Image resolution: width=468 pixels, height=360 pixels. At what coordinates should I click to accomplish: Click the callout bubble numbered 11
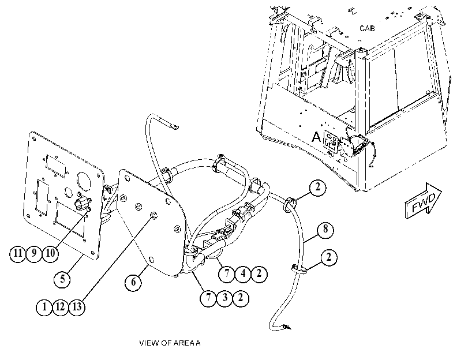pyautogui.click(x=18, y=254)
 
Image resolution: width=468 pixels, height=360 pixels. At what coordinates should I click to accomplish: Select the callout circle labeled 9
pyautogui.click(x=34, y=254)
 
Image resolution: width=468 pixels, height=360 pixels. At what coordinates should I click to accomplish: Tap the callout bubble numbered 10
pyautogui.click(x=50, y=254)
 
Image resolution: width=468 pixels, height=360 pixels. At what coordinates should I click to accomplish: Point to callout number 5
pyautogui.click(x=62, y=279)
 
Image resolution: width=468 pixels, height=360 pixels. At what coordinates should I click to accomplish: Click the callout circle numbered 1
pyautogui.click(x=44, y=307)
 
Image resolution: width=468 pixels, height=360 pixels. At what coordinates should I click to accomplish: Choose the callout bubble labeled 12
pyautogui.click(x=60, y=307)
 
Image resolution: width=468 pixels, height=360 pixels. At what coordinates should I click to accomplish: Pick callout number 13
pyautogui.click(x=77, y=307)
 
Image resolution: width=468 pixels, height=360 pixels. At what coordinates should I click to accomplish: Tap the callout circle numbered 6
pyautogui.click(x=133, y=282)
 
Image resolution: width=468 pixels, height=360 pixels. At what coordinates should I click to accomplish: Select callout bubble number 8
pyautogui.click(x=325, y=230)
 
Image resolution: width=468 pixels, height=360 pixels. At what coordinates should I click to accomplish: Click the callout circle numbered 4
pyautogui.click(x=243, y=273)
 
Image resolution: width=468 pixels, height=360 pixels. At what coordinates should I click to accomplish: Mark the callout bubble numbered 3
pyautogui.click(x=224, y=298)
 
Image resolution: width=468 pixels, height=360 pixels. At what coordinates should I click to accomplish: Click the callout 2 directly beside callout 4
pyautogui.click(x=259, y=273)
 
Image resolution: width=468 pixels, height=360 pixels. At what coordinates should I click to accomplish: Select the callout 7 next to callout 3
pyautogui.click(x=208, y=298)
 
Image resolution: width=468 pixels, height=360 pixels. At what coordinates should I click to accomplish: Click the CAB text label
pyautogui.click(x=367, y=28)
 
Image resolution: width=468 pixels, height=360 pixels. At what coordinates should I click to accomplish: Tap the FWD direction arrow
pyautogui.click(x=423, y=201)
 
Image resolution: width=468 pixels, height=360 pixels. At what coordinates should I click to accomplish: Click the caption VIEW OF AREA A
pyautogui.click(x=170, y=343)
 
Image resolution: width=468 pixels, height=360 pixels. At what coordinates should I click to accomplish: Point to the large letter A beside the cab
pyautogui.click(x=316, y=137)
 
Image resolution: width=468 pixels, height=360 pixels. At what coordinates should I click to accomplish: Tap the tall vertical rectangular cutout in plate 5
pyautogui.click(x=42, y=197)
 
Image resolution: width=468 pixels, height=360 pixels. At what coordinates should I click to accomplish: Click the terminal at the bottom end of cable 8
pyautogui.click(x=287, y=327)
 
